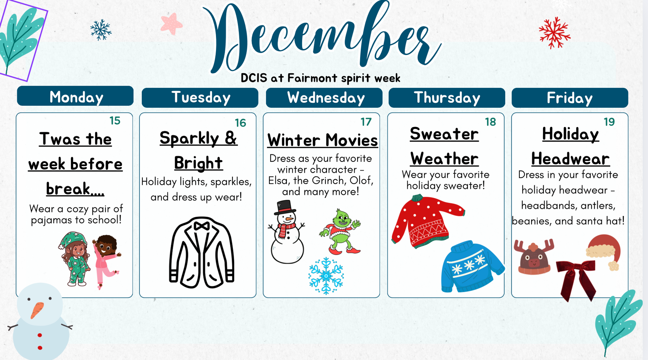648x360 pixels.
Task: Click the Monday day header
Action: coord(75,96)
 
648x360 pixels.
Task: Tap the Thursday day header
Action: coord(447,98)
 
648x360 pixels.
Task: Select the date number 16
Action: coord(240,123)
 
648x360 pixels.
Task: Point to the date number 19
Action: coord(609,122)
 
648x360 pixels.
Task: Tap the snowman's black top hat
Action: coord(285,207)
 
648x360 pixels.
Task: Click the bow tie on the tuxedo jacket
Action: coord(201,226)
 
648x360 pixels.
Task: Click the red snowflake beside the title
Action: coord(554,33)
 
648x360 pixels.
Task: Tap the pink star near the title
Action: coord(171,24)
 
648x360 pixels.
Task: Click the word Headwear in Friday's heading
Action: coord(570,159)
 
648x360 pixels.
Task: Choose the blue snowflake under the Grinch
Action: coord(326,276)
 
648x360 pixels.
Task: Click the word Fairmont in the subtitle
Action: coord(312,78)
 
